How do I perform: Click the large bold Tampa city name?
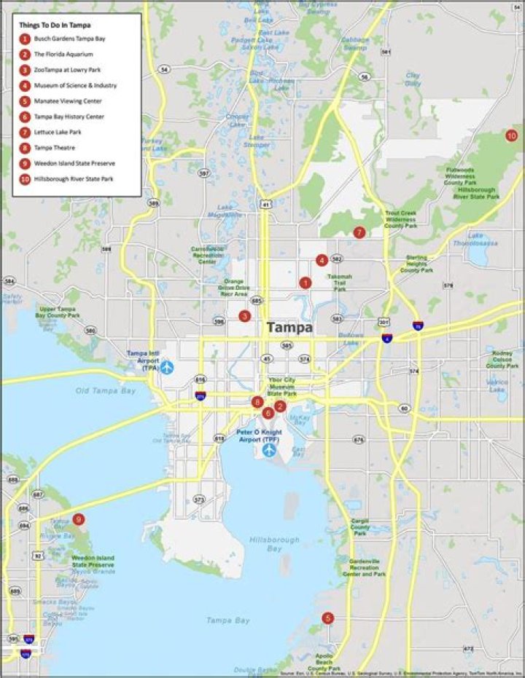(289, 328)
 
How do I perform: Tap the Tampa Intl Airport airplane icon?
(167, 366)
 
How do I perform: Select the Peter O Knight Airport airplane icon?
(269, 449)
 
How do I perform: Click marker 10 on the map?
(511, 135)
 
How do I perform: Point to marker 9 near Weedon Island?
(79, 520)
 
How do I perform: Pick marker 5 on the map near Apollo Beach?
(327, 618)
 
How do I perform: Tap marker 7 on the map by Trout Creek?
(359, 232)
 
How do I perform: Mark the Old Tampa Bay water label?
(106, 391)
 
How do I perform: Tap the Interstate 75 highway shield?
(418, 326)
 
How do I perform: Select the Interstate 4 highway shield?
(388, 338)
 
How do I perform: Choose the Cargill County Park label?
(359, 527)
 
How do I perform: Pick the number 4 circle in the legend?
(25, 85)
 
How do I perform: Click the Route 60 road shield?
(403, 408)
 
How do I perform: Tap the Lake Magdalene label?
(224, 211)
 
